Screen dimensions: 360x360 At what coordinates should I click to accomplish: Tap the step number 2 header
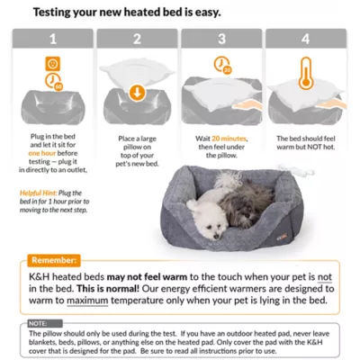click(136, 39)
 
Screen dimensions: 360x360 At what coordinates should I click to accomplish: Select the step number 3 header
click(220, 39)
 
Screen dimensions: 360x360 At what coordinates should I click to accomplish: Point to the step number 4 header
click(306, 39)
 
